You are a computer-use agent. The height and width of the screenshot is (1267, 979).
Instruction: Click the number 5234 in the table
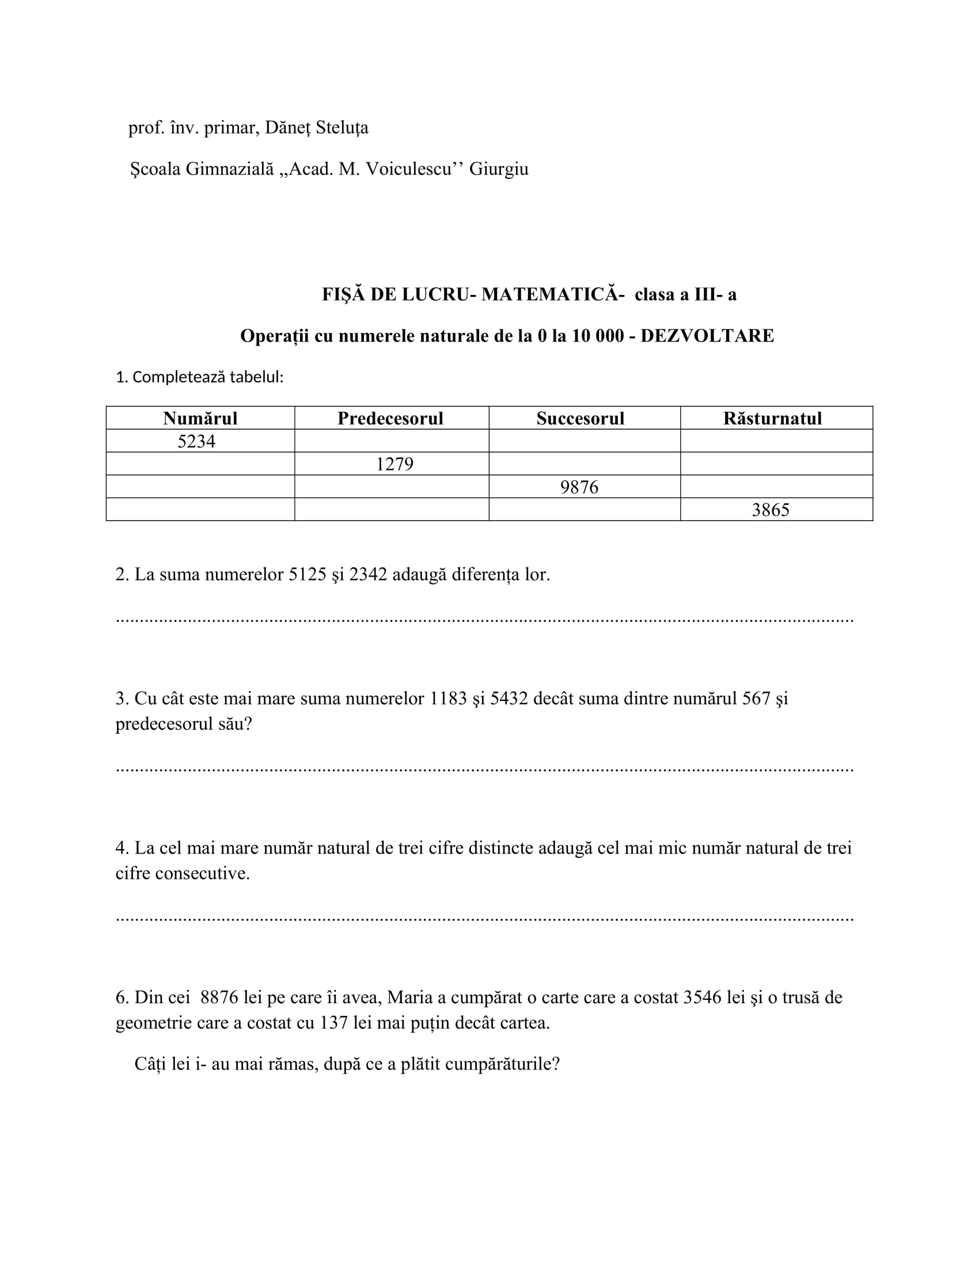pos(196,442)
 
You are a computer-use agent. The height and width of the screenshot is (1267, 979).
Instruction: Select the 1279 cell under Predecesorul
pos(394,464)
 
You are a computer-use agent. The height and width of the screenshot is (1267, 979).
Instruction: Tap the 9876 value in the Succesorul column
pos(579,487)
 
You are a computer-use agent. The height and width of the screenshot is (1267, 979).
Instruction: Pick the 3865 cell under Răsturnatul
pos(770,510)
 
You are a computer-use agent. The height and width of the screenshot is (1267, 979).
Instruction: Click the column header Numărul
pos(200,418)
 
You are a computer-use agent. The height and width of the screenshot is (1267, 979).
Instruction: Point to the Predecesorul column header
pos(390,418)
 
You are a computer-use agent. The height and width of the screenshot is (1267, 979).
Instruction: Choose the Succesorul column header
pos(580,418)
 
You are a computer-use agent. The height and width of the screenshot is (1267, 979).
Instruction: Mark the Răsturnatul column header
pos(772,418)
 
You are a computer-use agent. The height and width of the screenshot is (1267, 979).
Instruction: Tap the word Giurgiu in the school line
pos(499,169)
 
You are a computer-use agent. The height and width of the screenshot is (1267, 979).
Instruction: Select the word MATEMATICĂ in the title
pos(550,295)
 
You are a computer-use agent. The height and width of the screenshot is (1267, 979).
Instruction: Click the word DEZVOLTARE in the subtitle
pos(707,336)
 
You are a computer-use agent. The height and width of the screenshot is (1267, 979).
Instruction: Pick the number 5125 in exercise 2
pos(308,574)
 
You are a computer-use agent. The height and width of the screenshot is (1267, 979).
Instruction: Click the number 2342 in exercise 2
pos(368,574)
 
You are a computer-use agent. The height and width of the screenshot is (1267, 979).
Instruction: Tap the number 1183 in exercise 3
pos(447,698)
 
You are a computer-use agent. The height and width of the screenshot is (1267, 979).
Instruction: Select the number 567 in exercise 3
pos(756,698)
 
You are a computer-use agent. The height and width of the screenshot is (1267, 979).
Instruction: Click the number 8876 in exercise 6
pos(219,997)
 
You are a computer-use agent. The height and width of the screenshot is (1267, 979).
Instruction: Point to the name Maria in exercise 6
pos(410,997)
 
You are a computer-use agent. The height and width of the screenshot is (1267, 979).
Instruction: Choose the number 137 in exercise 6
pos(333,1022)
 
